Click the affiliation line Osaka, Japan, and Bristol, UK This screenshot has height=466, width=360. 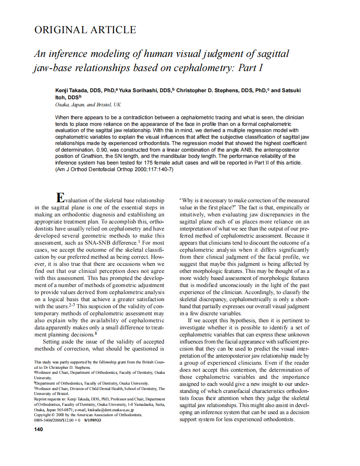pos(88,105)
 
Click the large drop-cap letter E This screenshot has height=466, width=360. pos(60,198)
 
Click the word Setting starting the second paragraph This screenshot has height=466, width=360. pos(52,342)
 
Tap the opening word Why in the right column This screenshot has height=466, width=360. pos(188,200)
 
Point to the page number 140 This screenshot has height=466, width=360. pos(38,429)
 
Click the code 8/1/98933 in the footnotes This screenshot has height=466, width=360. pos(93,419)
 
